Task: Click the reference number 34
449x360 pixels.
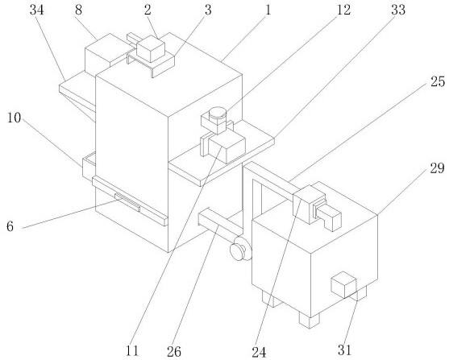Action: click(37, 10)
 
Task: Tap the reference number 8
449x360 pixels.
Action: click(78, 10)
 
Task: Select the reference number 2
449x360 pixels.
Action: click(148, 10)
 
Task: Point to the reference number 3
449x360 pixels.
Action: click(208, 10)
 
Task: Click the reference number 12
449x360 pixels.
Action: click(343, 10)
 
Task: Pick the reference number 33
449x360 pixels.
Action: click(398, 10)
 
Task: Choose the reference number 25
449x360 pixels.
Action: click(439, 82)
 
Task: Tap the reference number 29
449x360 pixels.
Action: click(437, 168)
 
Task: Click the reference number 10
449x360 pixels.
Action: click(14, 118)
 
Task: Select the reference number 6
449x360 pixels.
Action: click(10, 226)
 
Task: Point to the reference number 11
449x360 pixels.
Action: click(132, 351)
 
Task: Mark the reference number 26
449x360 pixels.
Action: click(174, 352)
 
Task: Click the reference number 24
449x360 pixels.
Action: click(259, 352)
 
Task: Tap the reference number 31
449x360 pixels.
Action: click(345, 350)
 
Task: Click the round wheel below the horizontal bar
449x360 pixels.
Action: click(241, 249)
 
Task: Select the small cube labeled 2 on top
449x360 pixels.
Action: click(151, 48)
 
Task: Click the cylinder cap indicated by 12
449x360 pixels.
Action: click(218, 114)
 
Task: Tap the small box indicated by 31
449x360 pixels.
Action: click(343, 284)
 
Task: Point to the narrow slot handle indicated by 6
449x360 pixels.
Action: click(127, 202)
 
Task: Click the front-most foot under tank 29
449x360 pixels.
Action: click(309, 320)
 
